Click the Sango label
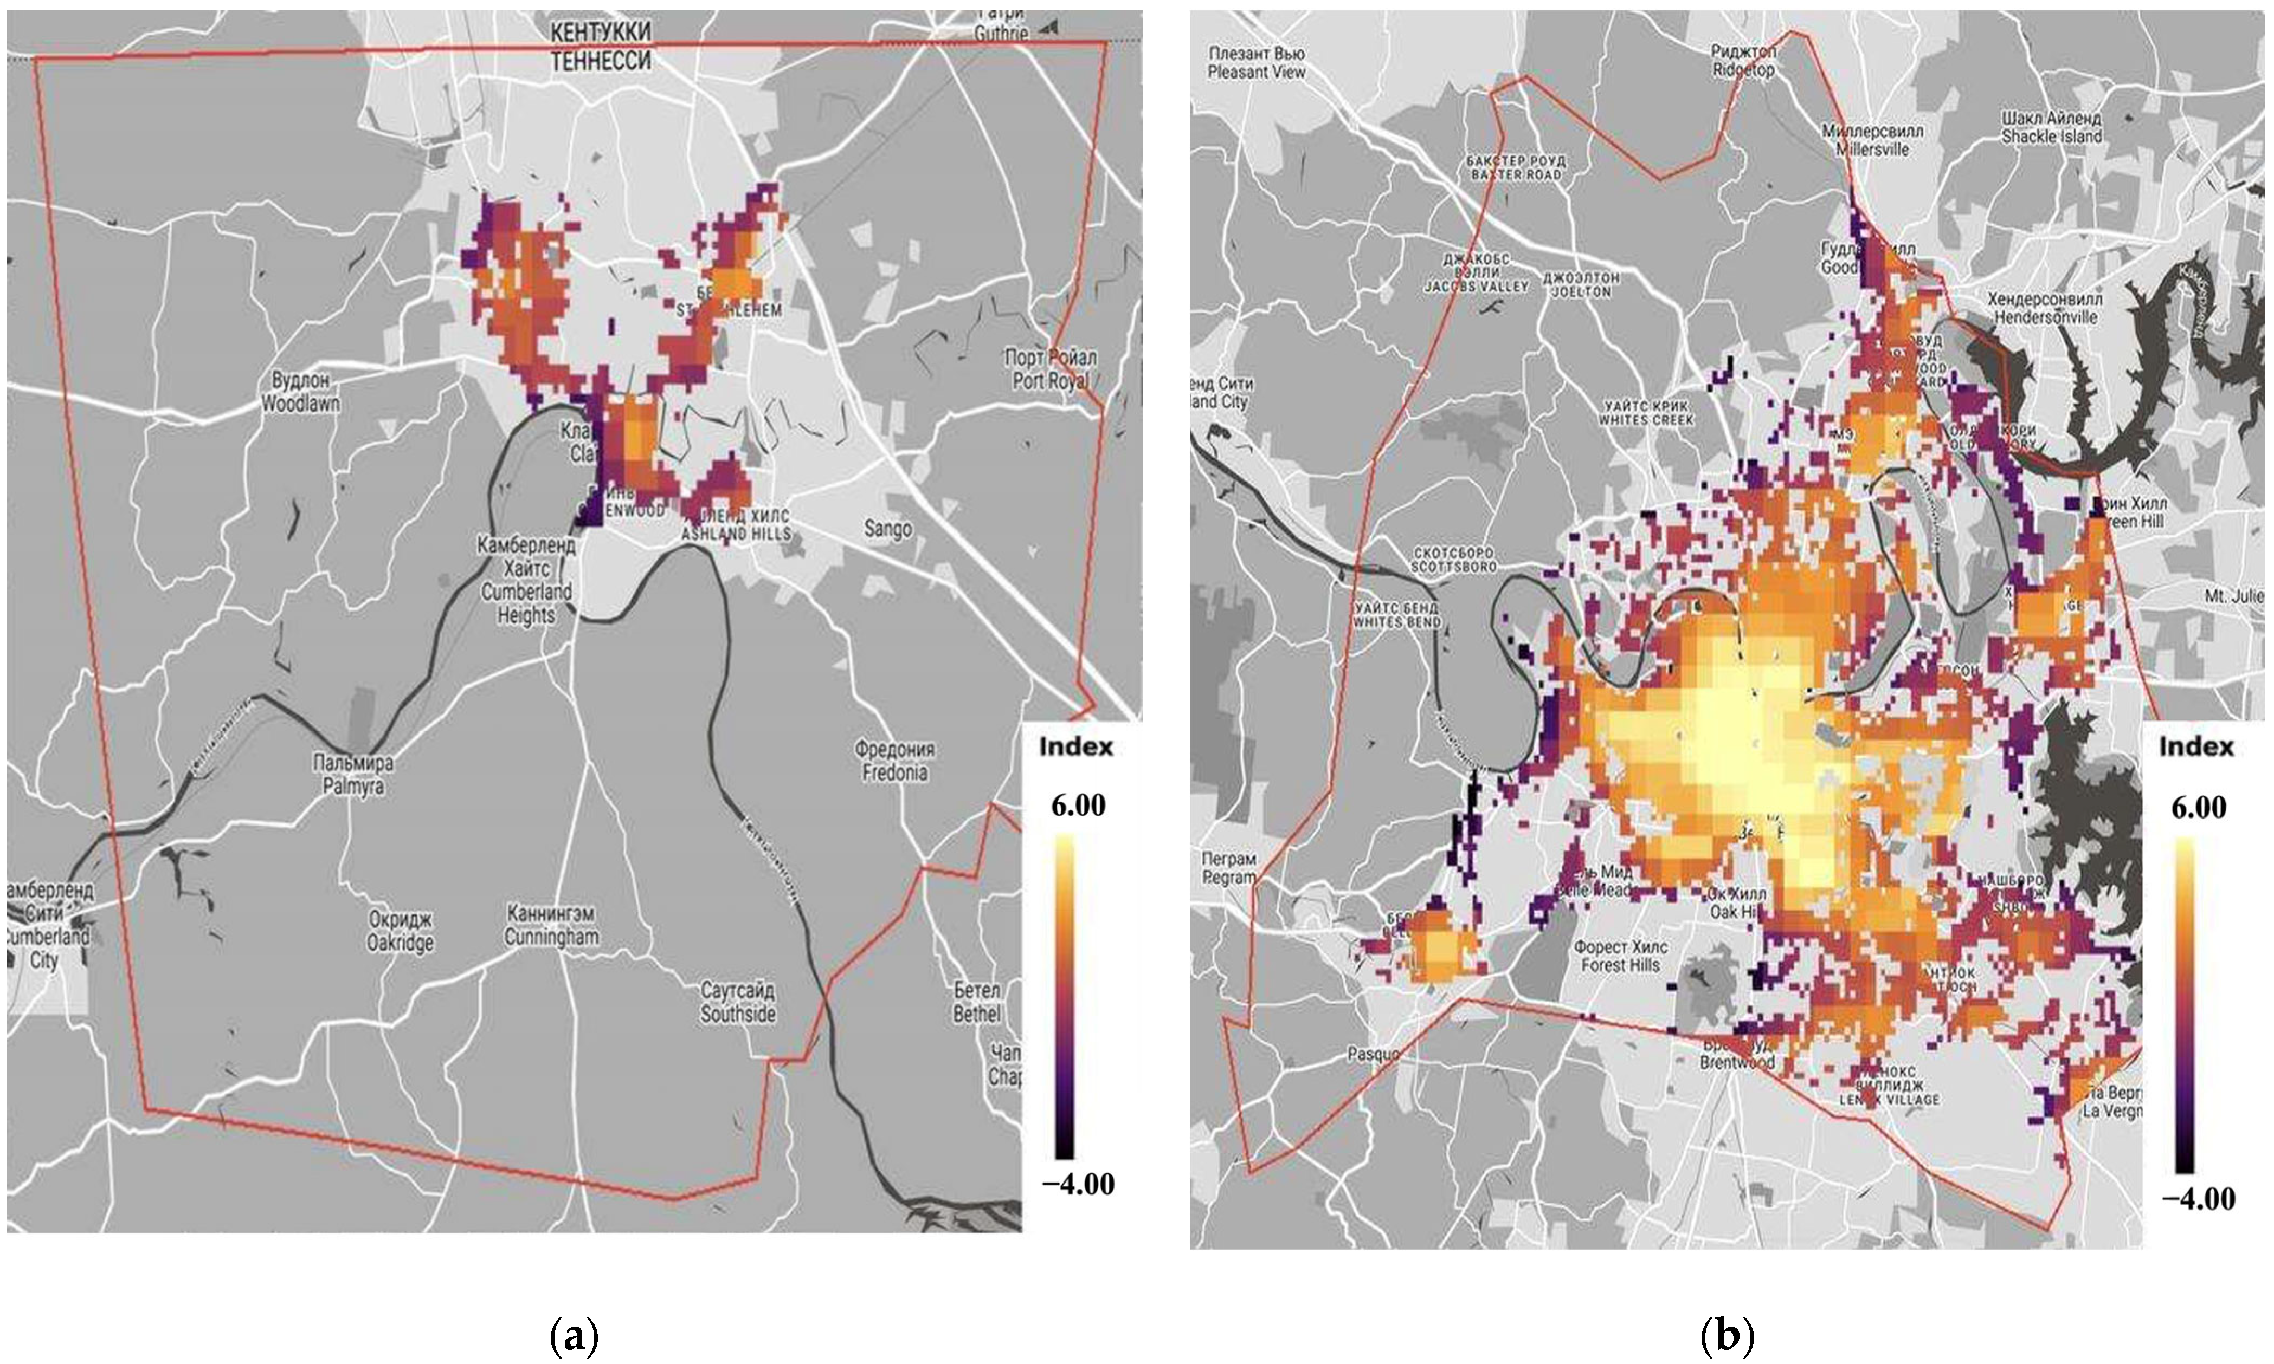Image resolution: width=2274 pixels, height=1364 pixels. (x=888, y=529)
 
